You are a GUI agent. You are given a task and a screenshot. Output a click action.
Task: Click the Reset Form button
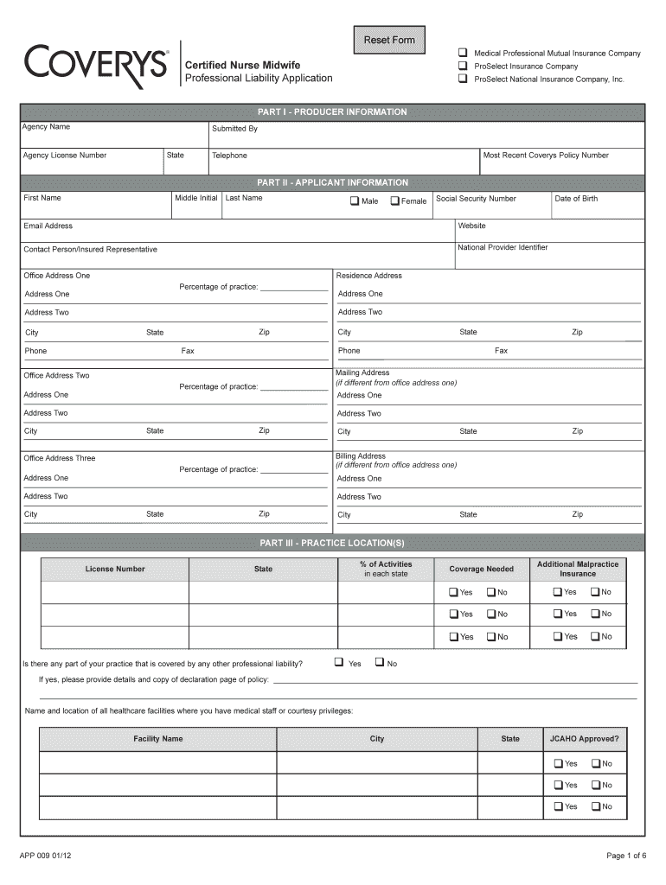(388, 40)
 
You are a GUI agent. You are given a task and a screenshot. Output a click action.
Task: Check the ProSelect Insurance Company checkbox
(463, 67)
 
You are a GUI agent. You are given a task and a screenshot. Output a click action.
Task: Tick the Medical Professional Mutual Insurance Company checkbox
(463, 54)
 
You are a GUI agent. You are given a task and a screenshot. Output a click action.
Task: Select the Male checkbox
(354, 201)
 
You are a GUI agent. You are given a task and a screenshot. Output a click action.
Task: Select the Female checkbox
(395, 201)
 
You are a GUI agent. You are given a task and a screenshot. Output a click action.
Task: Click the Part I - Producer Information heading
(332, 112)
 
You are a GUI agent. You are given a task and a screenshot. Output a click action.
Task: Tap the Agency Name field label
(47, 127)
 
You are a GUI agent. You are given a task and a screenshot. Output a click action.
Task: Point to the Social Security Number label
(476, 199)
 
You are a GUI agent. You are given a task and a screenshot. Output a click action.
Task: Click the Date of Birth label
(576, 199)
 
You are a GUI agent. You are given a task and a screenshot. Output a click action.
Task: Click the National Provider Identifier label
(503, 247)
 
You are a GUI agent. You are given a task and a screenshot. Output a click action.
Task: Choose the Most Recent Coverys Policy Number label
(546, 156)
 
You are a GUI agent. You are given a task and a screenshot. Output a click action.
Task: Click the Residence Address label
(369, 276)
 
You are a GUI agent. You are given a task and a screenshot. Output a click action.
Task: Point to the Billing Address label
(361, 455)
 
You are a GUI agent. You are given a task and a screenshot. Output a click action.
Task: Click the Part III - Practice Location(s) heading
(332, 544)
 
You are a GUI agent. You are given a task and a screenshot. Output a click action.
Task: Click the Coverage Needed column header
(481, 569)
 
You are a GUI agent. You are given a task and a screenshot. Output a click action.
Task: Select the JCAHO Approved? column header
(585, 739)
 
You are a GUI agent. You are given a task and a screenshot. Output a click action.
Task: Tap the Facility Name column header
(157, 739)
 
